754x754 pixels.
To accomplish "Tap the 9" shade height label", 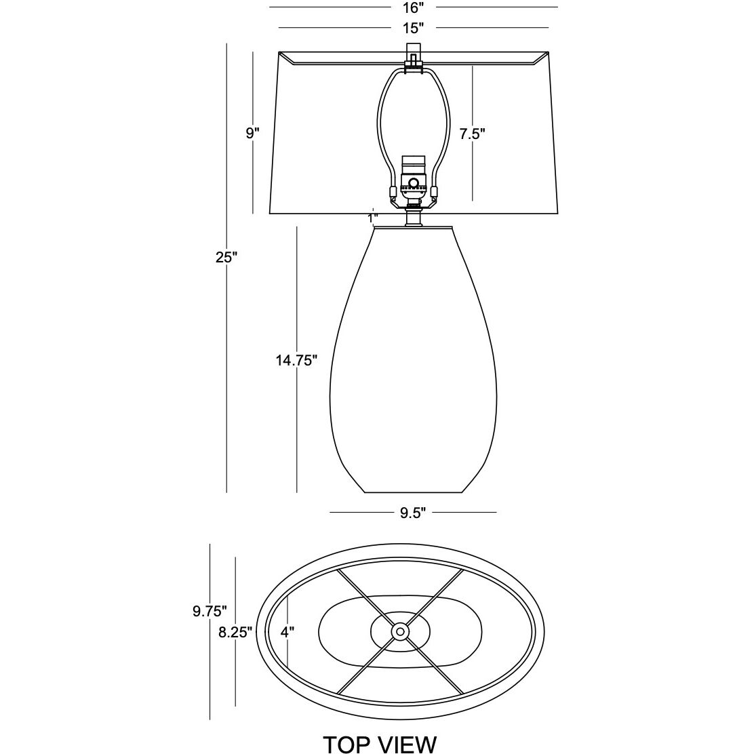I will [x=252, y=134].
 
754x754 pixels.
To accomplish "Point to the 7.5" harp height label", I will [x=472, y=134].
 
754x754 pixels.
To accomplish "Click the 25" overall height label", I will [x=226, y=258].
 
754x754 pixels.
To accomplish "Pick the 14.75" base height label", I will [x=297, y=360].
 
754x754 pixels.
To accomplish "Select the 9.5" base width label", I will [x=412, y=513].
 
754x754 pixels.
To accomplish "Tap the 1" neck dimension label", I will [x=372, y=218].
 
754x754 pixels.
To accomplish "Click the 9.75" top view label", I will [x=210, y=612].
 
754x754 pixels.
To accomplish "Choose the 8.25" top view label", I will [x=235, y=632].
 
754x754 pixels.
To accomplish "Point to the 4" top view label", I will [x=287, y=632].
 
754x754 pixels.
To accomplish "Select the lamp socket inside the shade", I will [x=412, y=178].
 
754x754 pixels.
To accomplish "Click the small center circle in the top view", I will [x=399, y=632].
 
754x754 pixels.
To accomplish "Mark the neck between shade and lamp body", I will [x=412, y=218].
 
